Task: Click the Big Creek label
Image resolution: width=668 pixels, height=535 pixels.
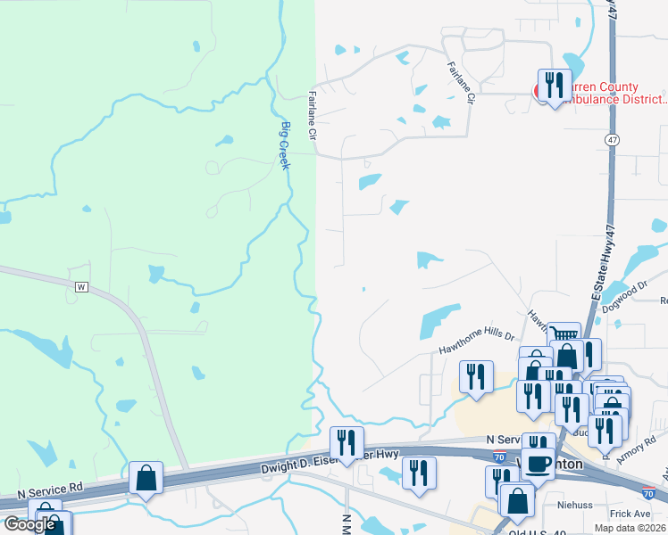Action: click(x=286, y=145)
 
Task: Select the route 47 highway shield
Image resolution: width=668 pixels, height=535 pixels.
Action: click(x=611, y=140)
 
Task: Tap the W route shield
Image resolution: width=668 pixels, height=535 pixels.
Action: click(x=82, y=287)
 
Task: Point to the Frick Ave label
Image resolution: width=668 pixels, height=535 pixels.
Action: click(x=630, y=514)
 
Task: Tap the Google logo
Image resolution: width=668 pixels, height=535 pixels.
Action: click(x=29, y=523)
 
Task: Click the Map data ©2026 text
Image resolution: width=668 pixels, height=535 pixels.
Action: click(x=630, y=528)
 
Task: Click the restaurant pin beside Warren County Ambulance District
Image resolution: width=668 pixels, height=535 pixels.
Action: click(x=555, y=86)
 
